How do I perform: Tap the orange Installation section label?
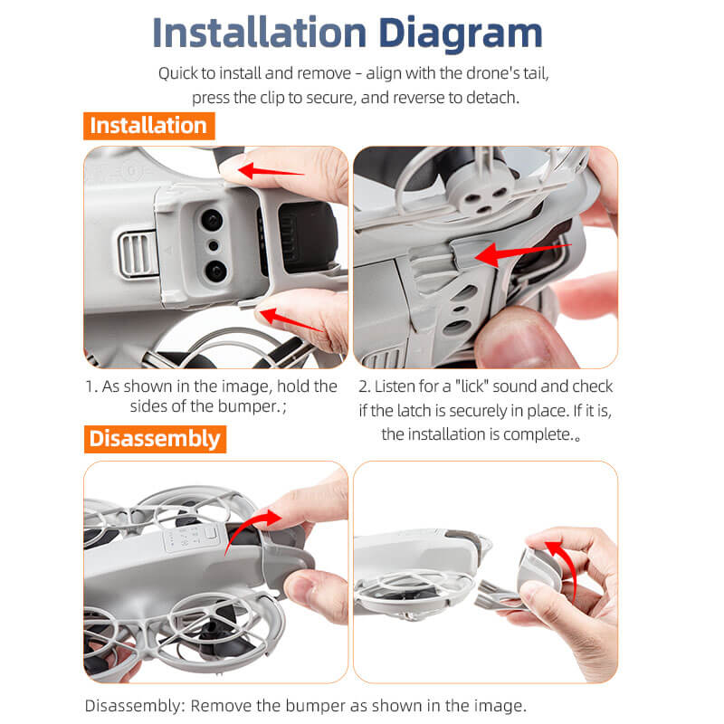coord(148,125)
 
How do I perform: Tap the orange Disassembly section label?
coord(154,439)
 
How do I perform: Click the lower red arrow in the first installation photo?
coord(290,319)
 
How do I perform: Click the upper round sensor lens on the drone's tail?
coord(211,220)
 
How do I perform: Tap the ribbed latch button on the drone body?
coord(134,252)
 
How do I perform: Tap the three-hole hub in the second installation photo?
coord(480,191)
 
